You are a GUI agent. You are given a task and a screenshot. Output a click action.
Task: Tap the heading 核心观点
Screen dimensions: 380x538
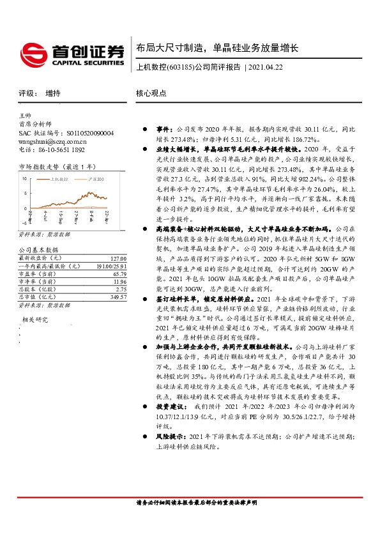pos(151,93)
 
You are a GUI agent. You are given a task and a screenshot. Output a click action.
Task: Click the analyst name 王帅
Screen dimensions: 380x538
pos(26,115)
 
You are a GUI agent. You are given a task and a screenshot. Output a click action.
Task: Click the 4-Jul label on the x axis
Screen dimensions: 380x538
pos(45,217)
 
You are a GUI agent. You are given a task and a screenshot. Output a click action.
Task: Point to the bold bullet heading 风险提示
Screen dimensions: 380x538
pos(168,436)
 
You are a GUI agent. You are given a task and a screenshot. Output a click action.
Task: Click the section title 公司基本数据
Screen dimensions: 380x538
pos(38,250)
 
